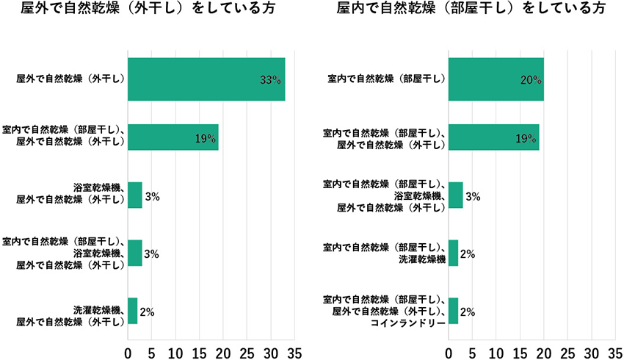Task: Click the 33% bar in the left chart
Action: click(x=206, y=79)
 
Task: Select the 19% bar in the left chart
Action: click(x=173, y=137)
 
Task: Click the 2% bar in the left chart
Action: click(x=132, y=311)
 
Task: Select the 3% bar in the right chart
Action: click(x=455, y=195)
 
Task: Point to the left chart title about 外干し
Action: click(x=155, y=10)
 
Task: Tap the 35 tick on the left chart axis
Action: click(x=294, y=352)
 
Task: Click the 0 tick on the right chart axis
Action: click(x=448, y=352)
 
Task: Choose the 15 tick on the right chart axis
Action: click(x=520, y=352)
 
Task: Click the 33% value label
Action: click(x=271, y=80)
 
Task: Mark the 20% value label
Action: click(x=531, y=80)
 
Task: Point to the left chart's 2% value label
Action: click(x=146, y=312)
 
